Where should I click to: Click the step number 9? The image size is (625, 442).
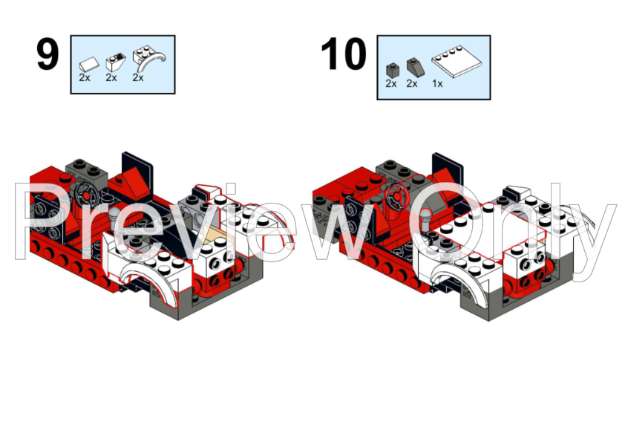click(48, 55)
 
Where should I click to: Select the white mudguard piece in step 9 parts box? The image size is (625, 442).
click(149, 58)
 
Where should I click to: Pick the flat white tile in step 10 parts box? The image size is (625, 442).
click(457, 61)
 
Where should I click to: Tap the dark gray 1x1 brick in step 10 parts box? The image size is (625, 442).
click(393, 71)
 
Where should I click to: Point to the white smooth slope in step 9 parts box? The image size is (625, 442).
click(89, 64)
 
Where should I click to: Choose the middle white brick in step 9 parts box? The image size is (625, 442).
click(116, 62)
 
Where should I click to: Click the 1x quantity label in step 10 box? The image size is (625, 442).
click(437, 84)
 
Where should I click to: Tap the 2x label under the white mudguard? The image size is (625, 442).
click(138, 77)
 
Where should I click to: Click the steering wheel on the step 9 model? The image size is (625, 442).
click(87, 194)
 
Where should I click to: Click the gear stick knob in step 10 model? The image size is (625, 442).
click(425, 216)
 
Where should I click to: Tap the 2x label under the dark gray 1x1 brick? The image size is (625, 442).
click(391, 83)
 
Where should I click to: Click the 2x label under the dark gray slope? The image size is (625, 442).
click(412, 83)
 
